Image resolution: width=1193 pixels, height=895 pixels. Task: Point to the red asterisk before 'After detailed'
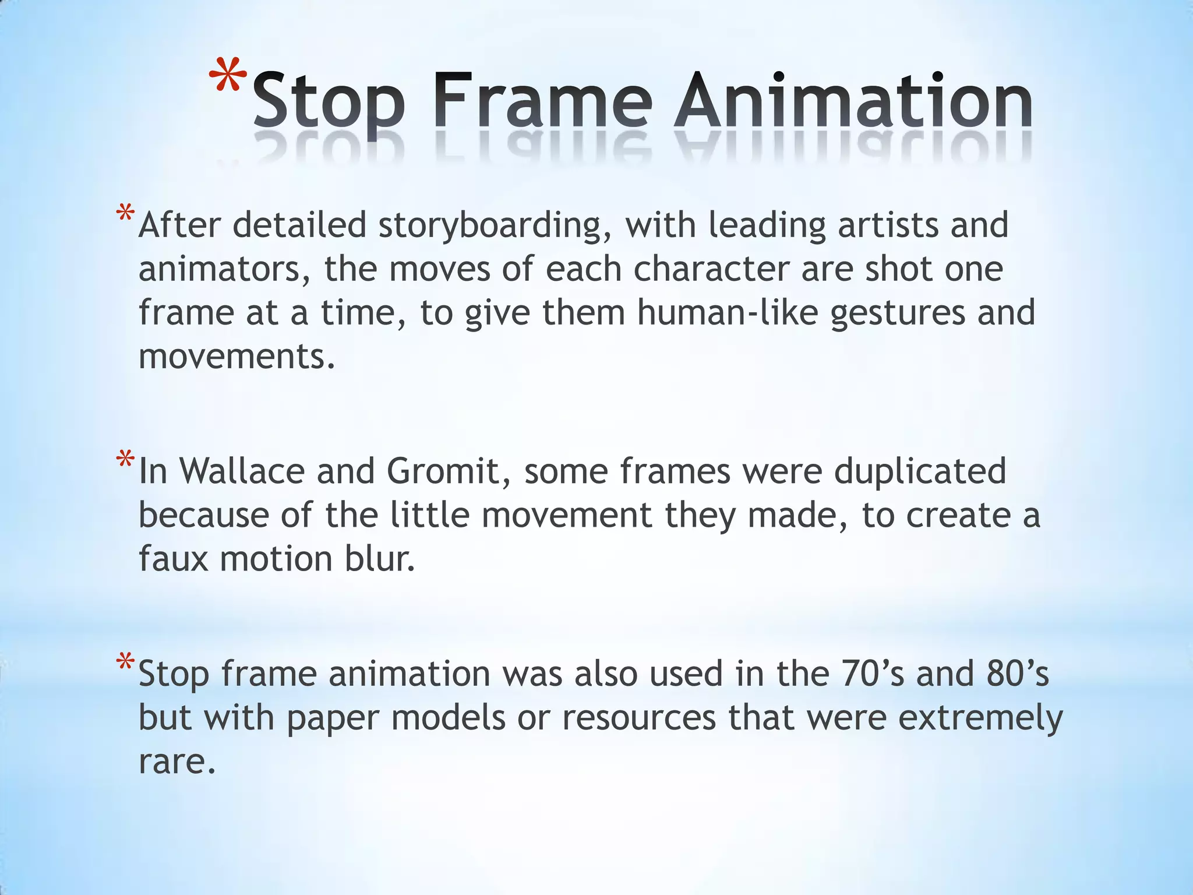click(x=125, y=214)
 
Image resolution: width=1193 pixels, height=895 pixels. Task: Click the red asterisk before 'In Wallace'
click(x=125, y=460)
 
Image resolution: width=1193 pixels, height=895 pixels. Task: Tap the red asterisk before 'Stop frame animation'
click(x=125, y=663)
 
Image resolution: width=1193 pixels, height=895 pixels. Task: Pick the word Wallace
click(x=241, y=471)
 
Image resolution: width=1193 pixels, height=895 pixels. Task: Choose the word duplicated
click(x=920, y=471)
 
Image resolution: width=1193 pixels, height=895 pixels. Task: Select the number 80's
click(x=1018, y=674)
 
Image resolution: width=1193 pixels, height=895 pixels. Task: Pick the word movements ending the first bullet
click(x=236, y=357)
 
